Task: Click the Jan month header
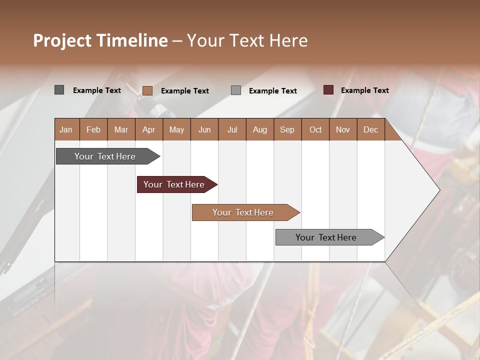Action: [x=66, y=129]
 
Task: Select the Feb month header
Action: [x=93, y=129]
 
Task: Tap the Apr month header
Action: [x=149, y=129]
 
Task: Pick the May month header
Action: [x=176, y=129]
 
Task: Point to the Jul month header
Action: [x=232, y=129]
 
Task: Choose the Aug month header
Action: [x=260, y=129]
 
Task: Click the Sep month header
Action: [x=287, y=129]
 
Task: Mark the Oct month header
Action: [x=315, y=129]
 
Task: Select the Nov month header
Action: [x=343, y=129]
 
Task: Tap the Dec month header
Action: [x=371, y=129]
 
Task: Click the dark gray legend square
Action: [x=59, y=90]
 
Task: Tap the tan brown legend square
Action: [x=147, y=90]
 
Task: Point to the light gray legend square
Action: [x=236, y=90]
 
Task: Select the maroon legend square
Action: [x=328, y=90]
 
